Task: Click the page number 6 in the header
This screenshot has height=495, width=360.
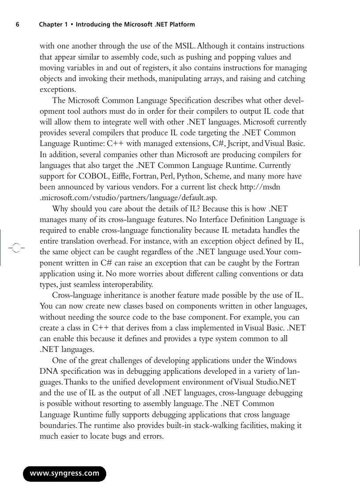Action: click(17, 25)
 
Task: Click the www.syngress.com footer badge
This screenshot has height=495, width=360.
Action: click(64, 473)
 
